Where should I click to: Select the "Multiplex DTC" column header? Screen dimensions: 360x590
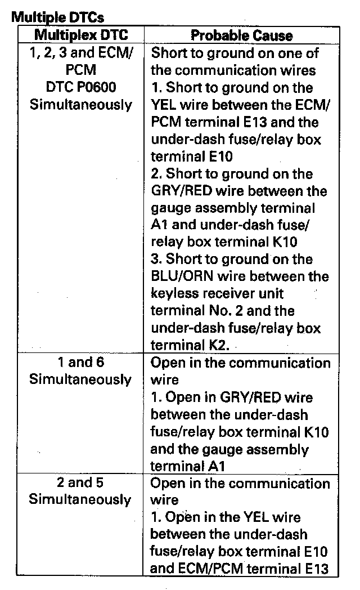point(81,35)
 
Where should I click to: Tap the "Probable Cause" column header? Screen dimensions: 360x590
point(242,35)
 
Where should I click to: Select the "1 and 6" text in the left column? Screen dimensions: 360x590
point(81,363)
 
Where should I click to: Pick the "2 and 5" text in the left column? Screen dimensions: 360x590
point(81,483)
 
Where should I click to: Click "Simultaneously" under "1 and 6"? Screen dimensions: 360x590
point(81,379)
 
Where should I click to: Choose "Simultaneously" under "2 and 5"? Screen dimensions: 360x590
point(81,500)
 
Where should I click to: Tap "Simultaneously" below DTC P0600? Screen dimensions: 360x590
point(81,105)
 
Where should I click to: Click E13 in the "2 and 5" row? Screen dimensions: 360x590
point(313,568)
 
